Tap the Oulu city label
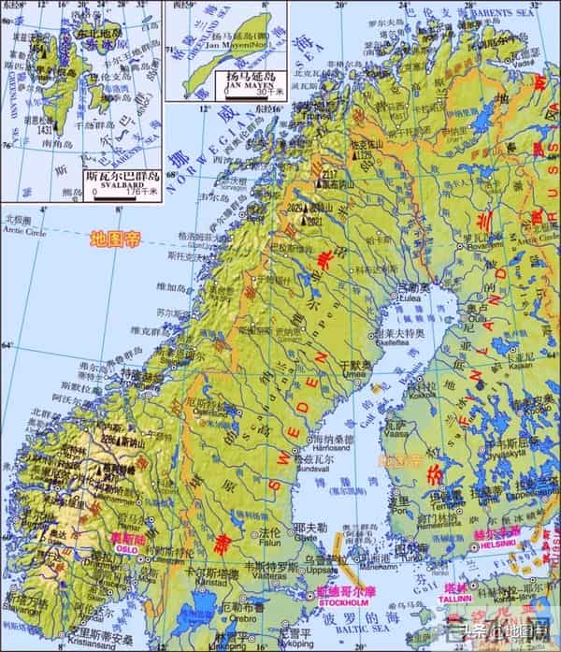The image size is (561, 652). pyautogui.click(x=478, y=316)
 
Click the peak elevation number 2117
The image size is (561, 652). pyautogui.click(x=328, y=175)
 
